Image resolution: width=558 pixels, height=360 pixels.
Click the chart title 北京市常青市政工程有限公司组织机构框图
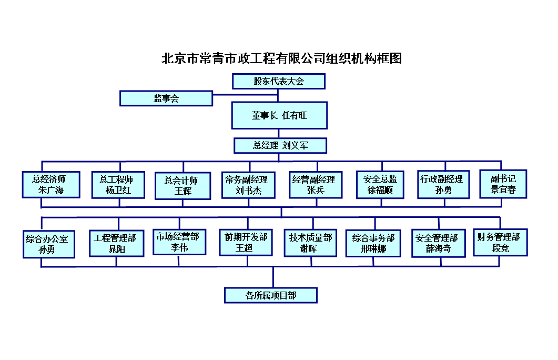pyautogui.click(x=281, y=58)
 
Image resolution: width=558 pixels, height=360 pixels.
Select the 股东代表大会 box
pyautogui.click(x=279, y=81)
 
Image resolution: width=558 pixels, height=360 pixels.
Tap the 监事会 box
pyautogui.click(x=166, y=98)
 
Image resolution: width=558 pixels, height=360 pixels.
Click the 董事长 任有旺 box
pyautogui.click(x=279, y=115)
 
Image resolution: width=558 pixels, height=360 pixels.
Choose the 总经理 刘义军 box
pyautogui.click(x=280, y=146)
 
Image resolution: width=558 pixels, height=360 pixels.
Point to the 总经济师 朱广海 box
pyautogui.click(x=51, y=184)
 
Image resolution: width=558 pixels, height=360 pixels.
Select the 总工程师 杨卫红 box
pyautogui.click(x=118, y=185)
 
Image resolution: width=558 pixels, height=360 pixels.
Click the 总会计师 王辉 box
pyautogui.click(x=183, y=186)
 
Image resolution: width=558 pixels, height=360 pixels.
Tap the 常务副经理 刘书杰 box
pyautogui.click(x=248, y=185)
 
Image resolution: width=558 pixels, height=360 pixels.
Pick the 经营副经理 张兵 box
pyautogui.click(x=316, y=185)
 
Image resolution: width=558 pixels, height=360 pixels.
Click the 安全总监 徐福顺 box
pyautogui.click(x=380, y=185)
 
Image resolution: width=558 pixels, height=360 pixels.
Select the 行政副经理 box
pyautogui.click(x=443, y=184)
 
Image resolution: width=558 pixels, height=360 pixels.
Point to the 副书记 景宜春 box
pyautogui.click(x=503, y=184)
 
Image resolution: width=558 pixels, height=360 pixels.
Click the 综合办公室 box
pyautogui.click(x=49, y=244)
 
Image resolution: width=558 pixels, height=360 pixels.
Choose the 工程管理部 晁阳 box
pyautogui.click(x=117, y=243)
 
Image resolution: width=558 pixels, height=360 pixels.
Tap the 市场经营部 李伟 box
pyautogui.click(x=179, y=242)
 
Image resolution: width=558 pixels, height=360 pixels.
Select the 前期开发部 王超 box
pyautogui.click(x=246, y=243)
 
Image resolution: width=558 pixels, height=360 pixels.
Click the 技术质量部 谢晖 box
pyautogui.click(x=310, y=243)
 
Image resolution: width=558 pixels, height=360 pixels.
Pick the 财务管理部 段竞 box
pyautogui.click(x=500, y=243)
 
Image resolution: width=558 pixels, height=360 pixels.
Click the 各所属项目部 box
pyautogui.click(x=271, y=296)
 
